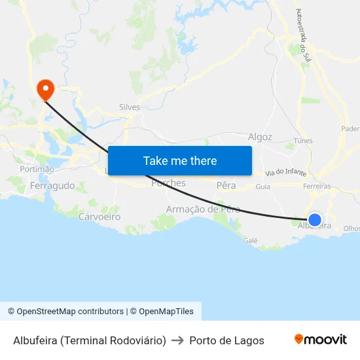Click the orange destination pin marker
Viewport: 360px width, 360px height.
click(46, 89)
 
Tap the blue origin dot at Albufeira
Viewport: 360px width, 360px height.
click(315, 220)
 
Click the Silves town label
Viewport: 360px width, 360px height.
click(130, 107)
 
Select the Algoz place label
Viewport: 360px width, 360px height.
click(260, 137)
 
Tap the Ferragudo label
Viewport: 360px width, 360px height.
click(52, 186)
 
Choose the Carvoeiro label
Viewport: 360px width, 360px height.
click(99, 216)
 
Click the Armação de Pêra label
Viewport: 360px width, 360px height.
click(203, 209)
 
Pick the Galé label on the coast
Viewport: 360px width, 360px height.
click(250, 240)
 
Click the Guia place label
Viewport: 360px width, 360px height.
click(263, 187)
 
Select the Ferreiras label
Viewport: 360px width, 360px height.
click(317, 187)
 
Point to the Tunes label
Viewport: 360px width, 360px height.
click(303, 141)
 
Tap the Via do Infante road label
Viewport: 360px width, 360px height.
click(286, 173)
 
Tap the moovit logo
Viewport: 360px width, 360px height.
click(321, 340)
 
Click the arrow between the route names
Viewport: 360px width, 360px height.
click(177, 340)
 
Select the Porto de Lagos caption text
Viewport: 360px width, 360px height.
click(226, 340)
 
